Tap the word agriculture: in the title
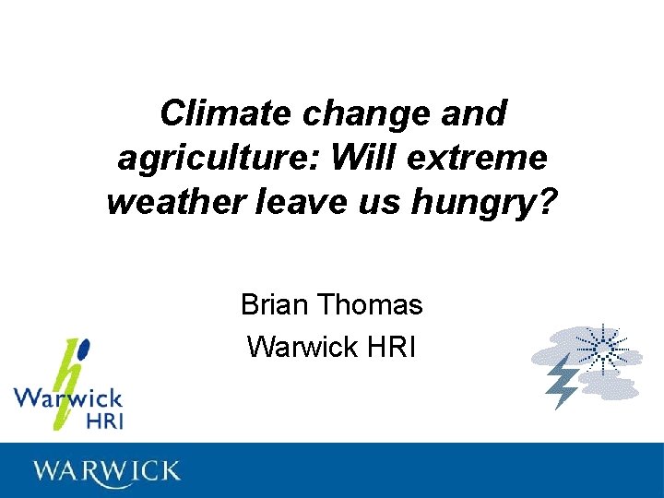[219, 158]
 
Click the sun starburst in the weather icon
[600, 350]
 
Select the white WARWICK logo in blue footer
[107, 471]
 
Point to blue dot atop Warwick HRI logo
[85, 349]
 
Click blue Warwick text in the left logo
[67, 399]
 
